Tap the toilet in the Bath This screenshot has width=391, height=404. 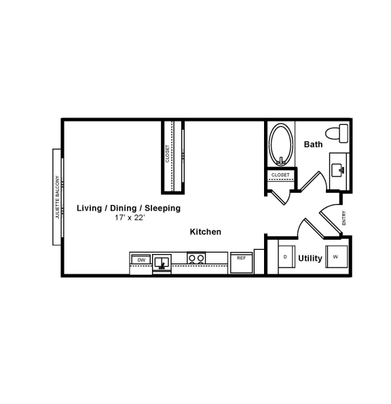(337, 132)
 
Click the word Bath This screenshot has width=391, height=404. (313, 145)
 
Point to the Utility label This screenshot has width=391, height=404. (310, 259)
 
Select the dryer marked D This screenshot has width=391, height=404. (286, 257)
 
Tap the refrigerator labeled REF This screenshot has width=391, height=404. (242, 261)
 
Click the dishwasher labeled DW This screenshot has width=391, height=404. (141, 260)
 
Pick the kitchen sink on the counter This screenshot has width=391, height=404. (162, 261)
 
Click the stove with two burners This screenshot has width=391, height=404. (196, 258)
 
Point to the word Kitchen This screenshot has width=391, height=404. (205, 232)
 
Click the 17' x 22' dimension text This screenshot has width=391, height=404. (130, 218)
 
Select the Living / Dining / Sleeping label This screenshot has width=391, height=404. (128, 208)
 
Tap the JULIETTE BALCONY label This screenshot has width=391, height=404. (58, 196)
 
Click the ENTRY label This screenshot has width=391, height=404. (344, 217)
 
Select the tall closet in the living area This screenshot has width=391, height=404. (173, 156)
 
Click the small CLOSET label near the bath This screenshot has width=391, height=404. (280, 175)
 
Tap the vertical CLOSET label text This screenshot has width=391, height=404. (168, 153)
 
